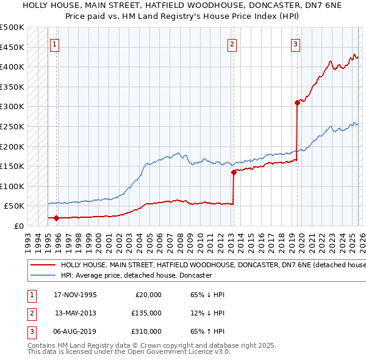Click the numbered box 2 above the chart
coord(232,43)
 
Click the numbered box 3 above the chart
coord(295,43)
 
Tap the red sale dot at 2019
coord(297,103)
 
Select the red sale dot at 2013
coord(234,172)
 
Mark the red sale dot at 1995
coord(57,218)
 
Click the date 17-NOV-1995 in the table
coord(76,295)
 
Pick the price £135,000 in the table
coord(146,313)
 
